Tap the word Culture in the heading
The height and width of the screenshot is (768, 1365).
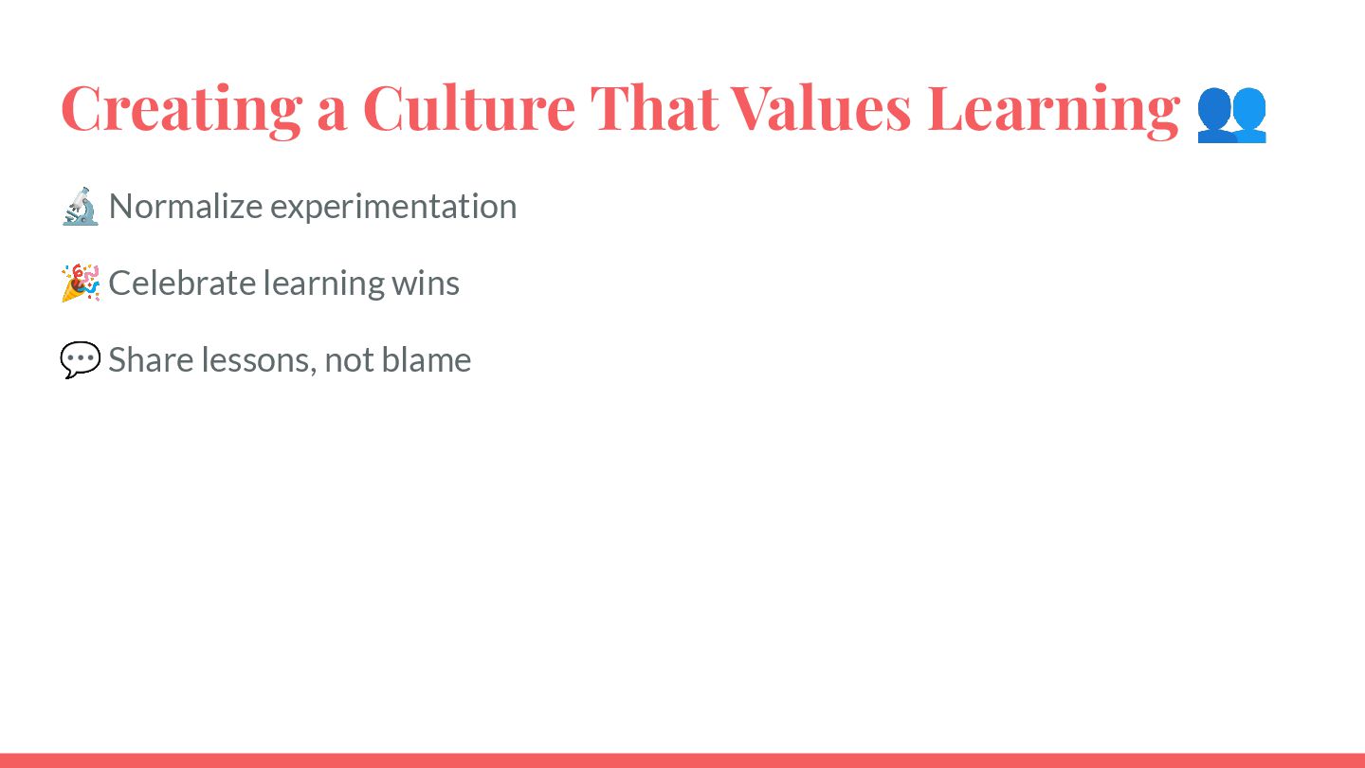click(469, 108)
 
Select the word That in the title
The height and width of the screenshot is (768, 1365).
click(654, 108)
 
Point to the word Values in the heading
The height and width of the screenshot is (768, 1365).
click(821, 108)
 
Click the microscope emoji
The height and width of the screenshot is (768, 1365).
click(81, 207)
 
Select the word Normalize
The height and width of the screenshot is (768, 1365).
click(186, 206)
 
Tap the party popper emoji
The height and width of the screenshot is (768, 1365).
click(81, 283)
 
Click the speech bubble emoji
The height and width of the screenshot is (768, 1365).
click(81, 359)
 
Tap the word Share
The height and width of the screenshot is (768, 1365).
click(151, 359)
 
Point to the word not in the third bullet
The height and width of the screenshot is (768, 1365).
click(349, 360)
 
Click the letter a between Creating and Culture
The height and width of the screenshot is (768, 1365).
click(332, 115)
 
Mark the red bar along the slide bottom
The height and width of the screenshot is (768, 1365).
click(682, 760)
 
